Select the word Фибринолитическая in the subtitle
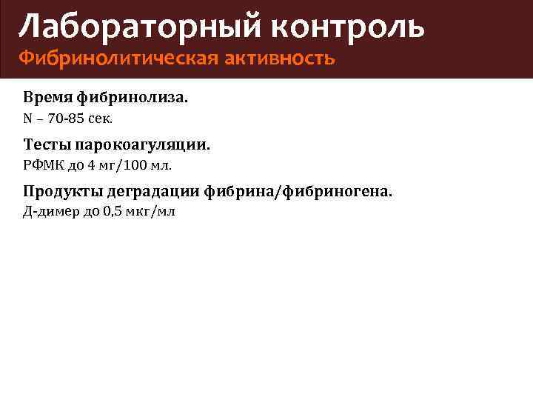118,58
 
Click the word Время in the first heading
45,97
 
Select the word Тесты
45,145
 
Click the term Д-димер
49,213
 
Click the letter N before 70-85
27,118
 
